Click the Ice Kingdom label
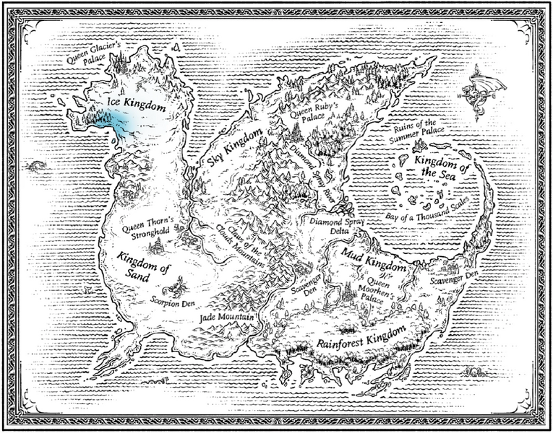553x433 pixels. point(136,104)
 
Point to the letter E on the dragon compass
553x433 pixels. point(503,95)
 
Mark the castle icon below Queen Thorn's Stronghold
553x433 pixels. point(155,248)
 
